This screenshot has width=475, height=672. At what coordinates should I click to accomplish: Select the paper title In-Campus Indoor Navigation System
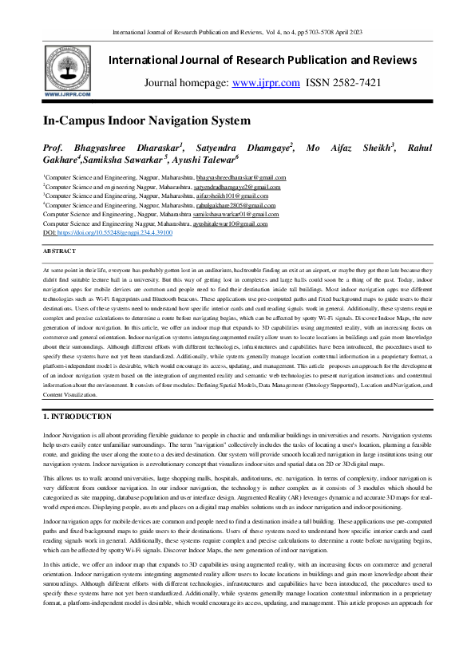coord(146,121)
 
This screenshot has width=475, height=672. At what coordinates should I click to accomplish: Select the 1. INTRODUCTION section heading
coord(77,416)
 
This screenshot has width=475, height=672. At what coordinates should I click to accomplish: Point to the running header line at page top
coord(237,33)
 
